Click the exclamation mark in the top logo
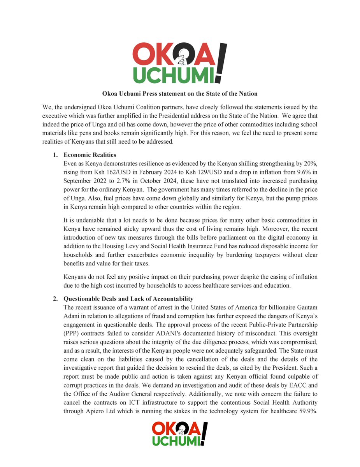pos(221,62)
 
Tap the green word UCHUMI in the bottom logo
pos(176,440)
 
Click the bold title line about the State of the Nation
pos(180,94)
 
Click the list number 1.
pos(55,155)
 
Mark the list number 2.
pos(55,299)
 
